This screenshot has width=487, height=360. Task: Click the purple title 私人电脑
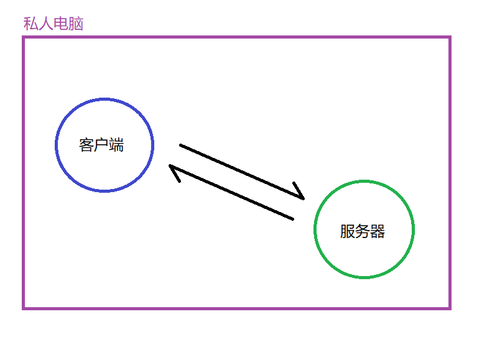tap(53, 24)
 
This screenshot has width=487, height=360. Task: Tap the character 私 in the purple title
tap(30, 24)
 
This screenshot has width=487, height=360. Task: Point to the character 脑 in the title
tap(76, 24)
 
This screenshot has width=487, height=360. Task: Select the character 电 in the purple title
tap(61, 24)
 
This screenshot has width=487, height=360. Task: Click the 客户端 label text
tap(101, 145)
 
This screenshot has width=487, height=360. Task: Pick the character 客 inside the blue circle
tap(86, 145)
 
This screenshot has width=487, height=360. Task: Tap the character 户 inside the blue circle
tap(101, 145)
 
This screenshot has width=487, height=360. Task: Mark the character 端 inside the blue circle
tap(116, 145)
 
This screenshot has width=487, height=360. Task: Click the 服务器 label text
tap(363, 231)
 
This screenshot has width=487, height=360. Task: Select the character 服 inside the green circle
tap(347, 231)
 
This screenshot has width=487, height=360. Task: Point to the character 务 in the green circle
tap(363, 231)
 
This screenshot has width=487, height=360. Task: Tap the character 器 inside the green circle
tap(378, 231)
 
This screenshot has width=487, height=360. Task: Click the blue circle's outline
tap(57, 145)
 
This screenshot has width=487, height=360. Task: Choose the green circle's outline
tap(315, 230)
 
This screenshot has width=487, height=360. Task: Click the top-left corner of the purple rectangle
tap(24, 38)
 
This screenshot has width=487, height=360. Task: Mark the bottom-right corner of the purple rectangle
tap(449, 307)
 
